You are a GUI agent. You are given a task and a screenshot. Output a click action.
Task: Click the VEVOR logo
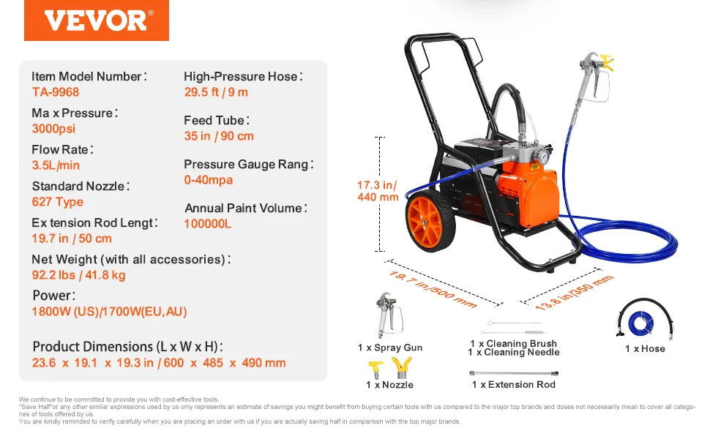click(x=97, y=20)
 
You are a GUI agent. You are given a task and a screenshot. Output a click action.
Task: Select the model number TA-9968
click(x=55, y=92)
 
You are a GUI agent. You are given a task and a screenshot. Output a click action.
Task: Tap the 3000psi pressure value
click(x=53, y=129)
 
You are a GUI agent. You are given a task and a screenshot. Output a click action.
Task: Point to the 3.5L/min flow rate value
click(x=56, y=165)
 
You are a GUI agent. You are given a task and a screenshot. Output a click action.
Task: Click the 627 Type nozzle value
click(x=58, y=202)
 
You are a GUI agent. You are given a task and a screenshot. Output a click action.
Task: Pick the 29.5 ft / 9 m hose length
click(x=216, y=92)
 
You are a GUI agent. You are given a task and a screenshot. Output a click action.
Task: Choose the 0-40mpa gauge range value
click(x=209, y=180)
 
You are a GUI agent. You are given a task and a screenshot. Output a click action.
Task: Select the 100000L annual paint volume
click(x=207, y=224)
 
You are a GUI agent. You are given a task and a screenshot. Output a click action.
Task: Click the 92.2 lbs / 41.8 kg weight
click(x=78, y=275)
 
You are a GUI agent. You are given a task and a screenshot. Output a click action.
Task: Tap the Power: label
click(x=54, y=296)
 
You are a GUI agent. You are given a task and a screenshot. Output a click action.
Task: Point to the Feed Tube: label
click(x=217, y=121)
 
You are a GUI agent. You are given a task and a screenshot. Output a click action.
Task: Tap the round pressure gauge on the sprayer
click(x=541, y=157)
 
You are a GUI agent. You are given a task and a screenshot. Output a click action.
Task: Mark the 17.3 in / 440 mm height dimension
click(x=378, y=191)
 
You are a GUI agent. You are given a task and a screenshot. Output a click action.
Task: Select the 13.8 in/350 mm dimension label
click(x=574, y=293)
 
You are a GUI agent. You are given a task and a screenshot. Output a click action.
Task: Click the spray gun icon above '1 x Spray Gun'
click(x=389, y=315)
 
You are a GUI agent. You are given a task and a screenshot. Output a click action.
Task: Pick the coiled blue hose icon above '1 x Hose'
click(x=645, y=318)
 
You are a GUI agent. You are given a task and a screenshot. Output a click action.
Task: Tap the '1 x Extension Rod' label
click(x=514, y=385)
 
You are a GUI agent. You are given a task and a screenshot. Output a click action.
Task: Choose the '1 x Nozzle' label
click(x=389, y=385)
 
